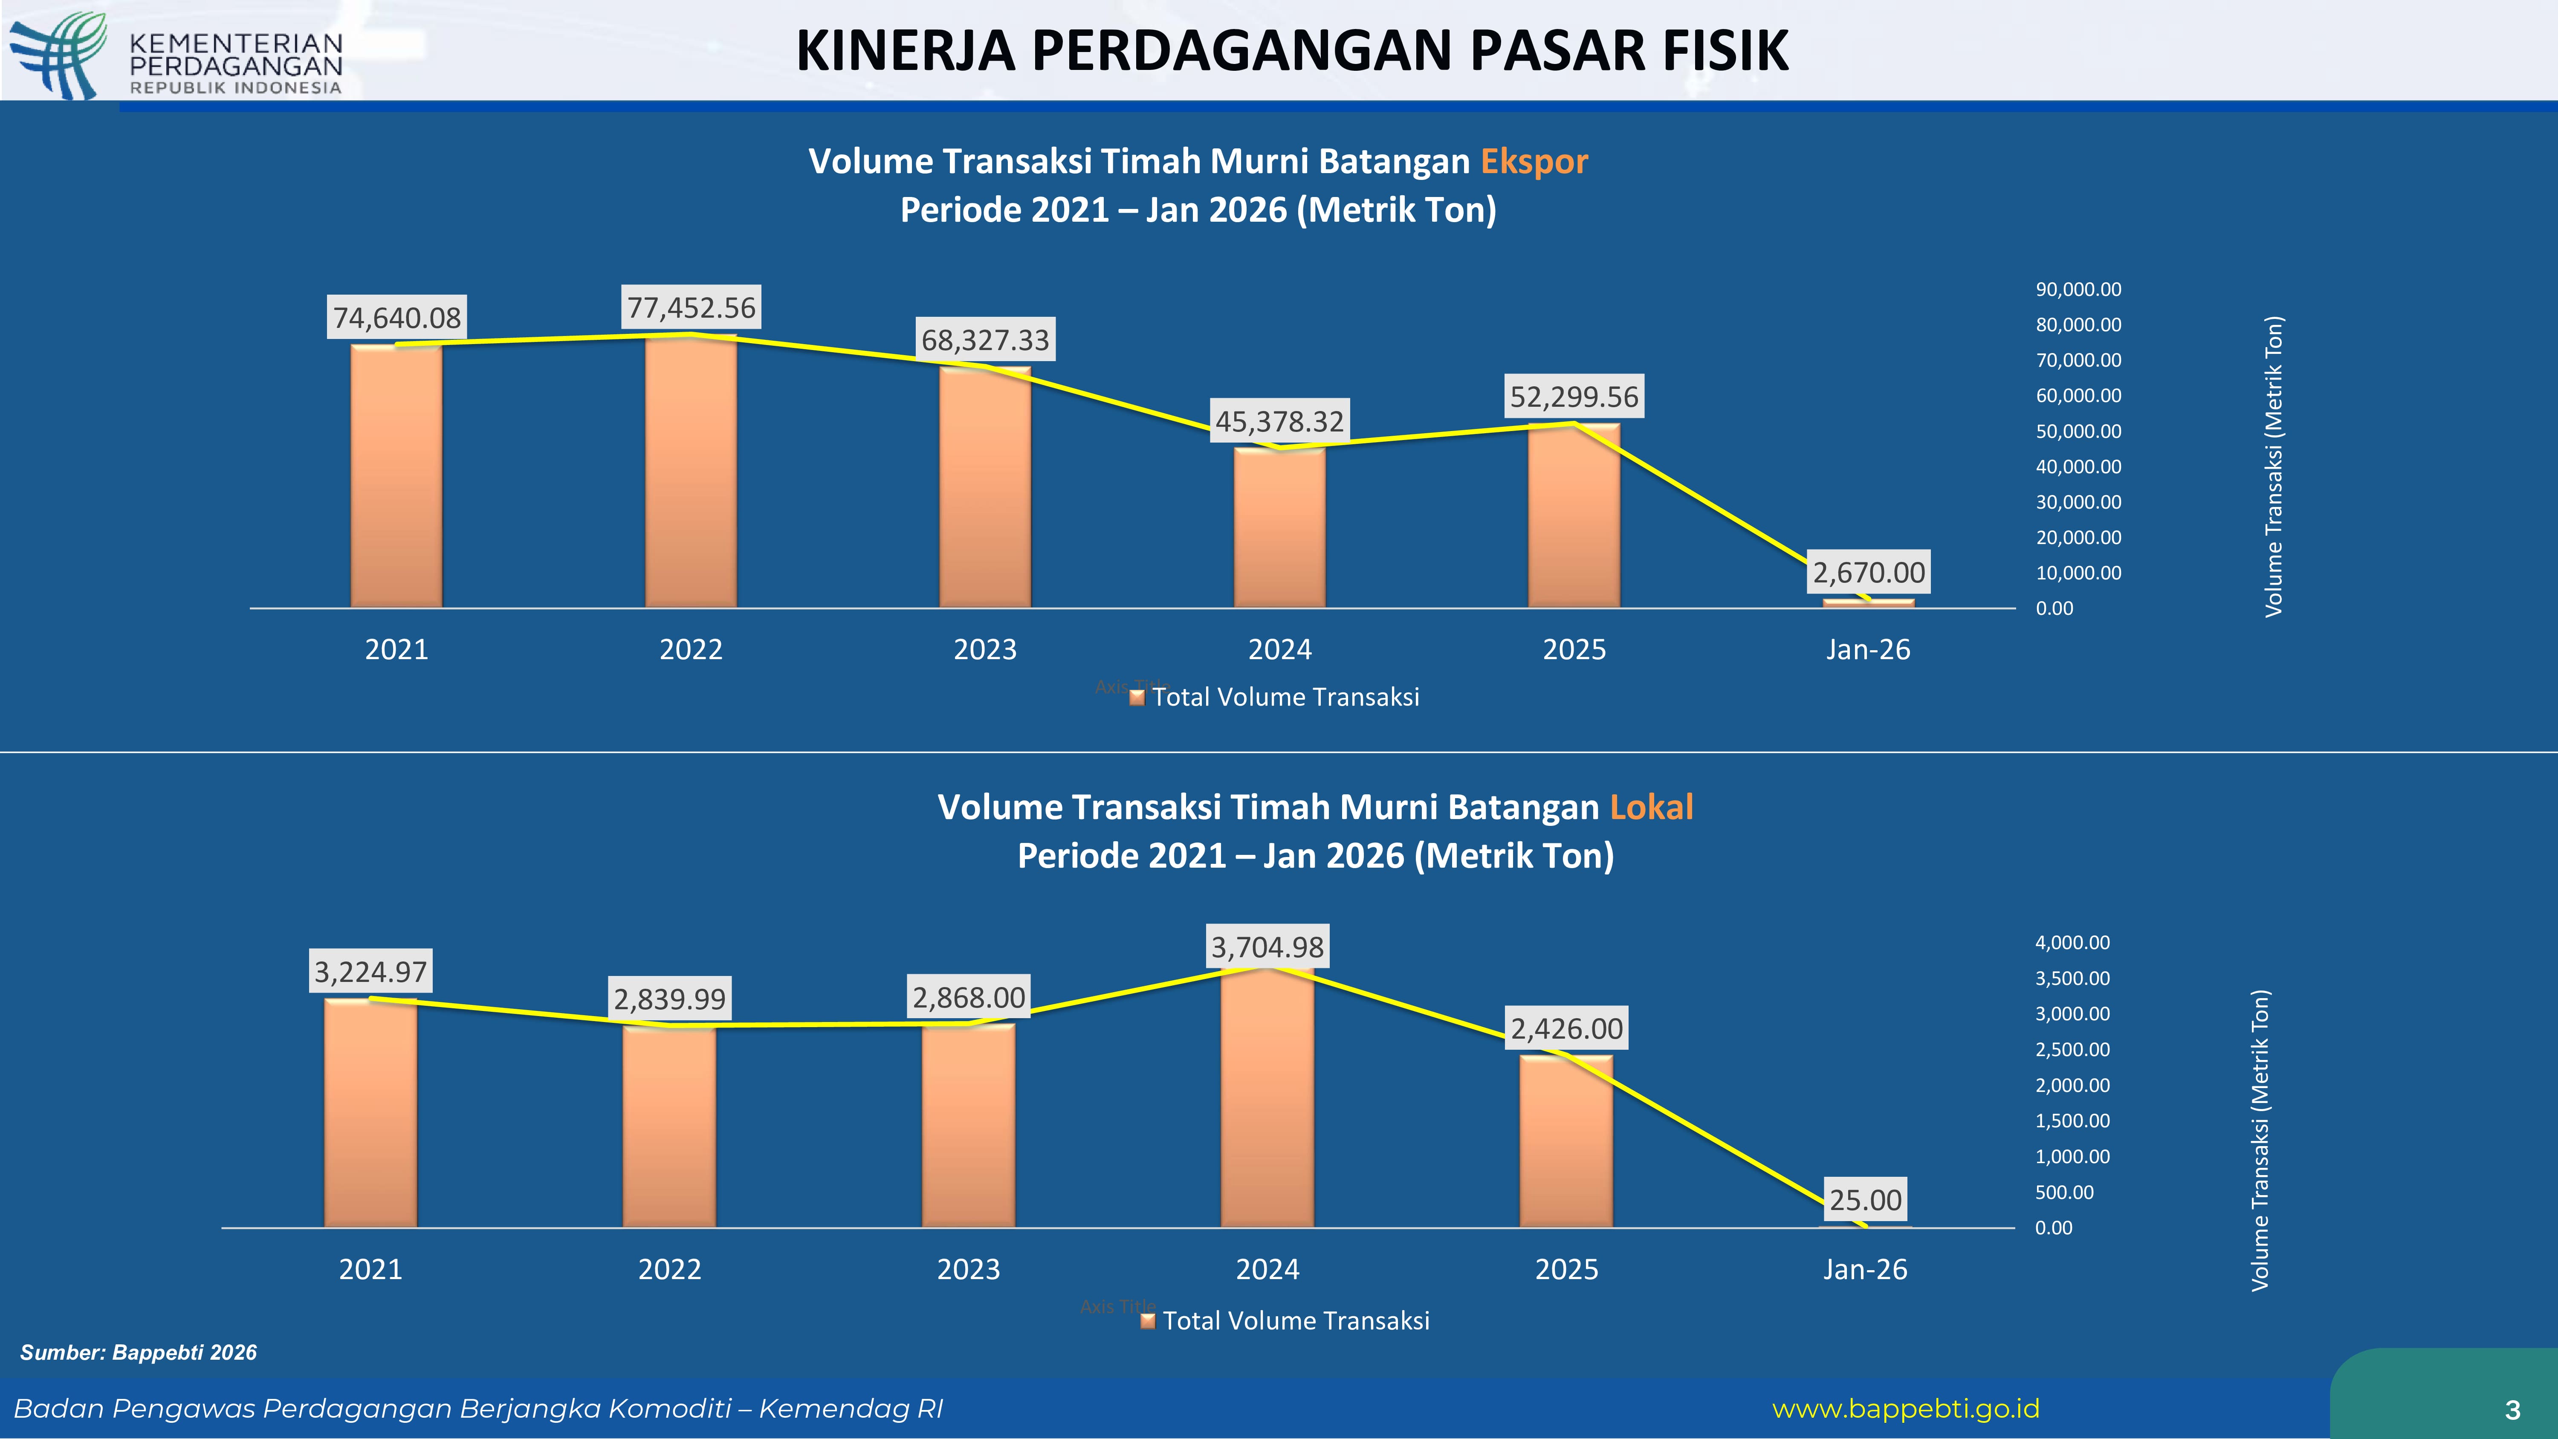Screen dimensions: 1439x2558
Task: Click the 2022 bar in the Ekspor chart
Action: (x=691, y=472)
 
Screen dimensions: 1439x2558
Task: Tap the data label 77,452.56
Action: (x=691, y=308)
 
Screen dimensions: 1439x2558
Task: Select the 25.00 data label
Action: (x=1865, y=1200)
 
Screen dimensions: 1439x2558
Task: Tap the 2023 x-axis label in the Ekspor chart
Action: (x=985, y=649)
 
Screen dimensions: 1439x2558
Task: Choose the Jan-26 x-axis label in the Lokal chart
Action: (x=1865, y=1269)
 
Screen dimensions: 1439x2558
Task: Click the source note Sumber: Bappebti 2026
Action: (x=138, y=1352)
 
